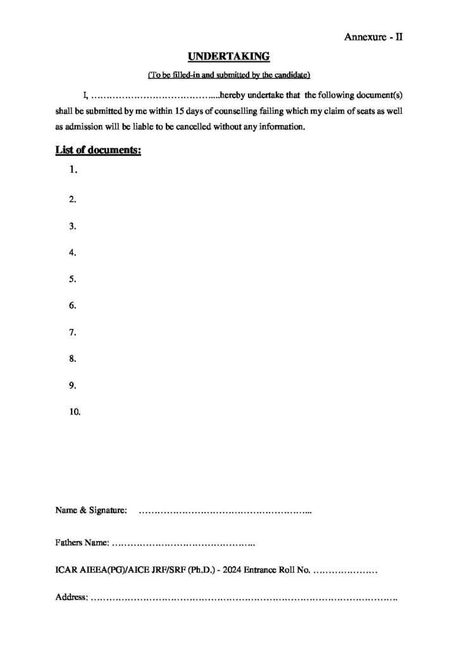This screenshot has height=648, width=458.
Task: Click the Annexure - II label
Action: click(x=374, y=37)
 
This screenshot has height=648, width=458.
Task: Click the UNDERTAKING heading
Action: click(x=228, y=58)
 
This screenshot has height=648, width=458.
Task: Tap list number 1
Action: click(x=73, y=170)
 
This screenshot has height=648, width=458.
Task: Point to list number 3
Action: click(x=73, y=226)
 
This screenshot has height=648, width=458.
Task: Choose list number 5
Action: click(x=73, y=279)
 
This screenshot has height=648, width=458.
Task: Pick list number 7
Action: click(x=73, y=332)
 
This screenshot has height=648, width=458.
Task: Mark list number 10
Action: click(x=75, y=412)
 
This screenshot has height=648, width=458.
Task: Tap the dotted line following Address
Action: click(x=244, y=598)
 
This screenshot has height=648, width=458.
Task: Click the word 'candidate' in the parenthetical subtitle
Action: click(x=290, y=76)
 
